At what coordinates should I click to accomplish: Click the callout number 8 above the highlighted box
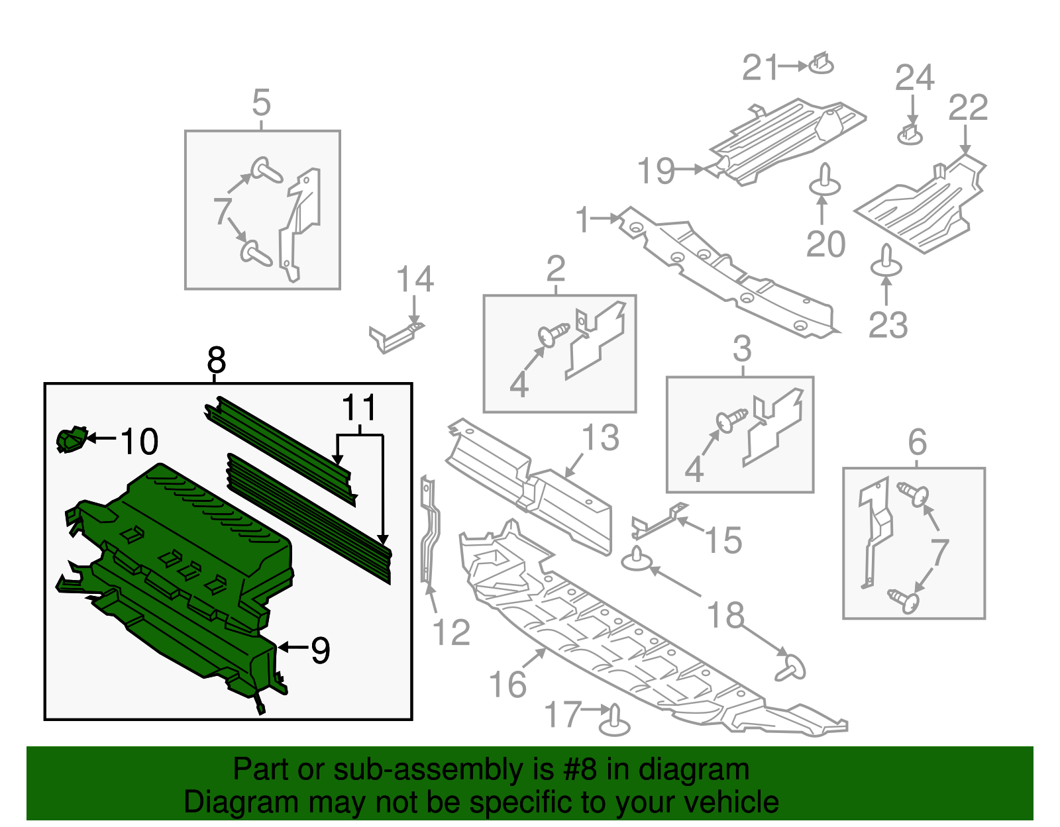[x=216, y=362]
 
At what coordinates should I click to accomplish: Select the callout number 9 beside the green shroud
[x=320, y=650]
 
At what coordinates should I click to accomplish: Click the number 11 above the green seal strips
[x=359, y=408]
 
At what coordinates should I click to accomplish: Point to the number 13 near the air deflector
[x=600, y=438]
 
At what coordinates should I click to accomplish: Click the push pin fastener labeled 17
[x=614, y=722]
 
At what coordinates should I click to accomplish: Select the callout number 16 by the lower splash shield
[x=507, y=684]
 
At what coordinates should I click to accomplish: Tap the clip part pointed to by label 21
[x=821, y=64]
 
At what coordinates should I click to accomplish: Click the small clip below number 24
[x=910, y=134]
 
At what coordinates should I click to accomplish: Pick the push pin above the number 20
[x=824, y=181]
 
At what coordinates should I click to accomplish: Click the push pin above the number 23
[x=886, y=262]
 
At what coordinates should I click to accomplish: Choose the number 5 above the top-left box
[x=262, y=103]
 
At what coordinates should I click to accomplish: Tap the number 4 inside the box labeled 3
[x=694, y=469]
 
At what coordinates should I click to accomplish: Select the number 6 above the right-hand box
[x=917, y=442]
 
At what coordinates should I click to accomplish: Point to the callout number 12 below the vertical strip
[x=451, y=632]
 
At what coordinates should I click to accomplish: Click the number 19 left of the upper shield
[x=656, y=171]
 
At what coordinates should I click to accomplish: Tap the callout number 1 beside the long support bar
[x=583, y=220]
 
